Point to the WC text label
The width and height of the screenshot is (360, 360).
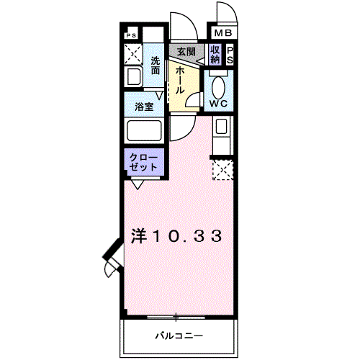[219, 104]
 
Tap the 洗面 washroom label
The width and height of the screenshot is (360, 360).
[156, 66]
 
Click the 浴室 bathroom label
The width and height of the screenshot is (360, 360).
[144, 107]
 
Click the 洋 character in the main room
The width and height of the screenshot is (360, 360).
[140, 235]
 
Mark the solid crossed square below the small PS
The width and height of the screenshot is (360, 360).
[132, 53]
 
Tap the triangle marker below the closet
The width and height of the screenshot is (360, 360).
[136, 183]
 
